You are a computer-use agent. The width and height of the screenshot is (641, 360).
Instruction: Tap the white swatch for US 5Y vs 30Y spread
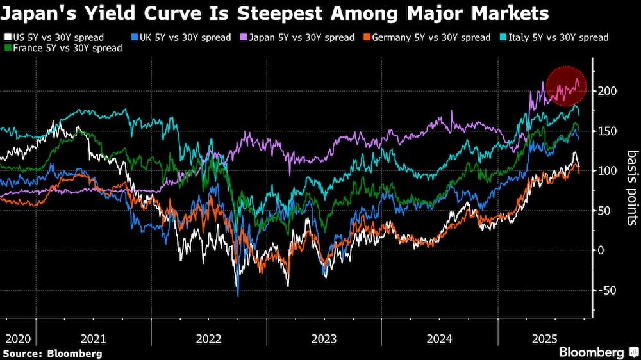6,37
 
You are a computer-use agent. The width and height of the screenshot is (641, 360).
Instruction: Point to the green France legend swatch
6,48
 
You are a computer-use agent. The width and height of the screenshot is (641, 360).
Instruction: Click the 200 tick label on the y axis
607,92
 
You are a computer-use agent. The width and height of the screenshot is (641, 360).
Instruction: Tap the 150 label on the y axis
607,131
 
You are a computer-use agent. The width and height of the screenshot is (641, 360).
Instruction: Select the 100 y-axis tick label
607,171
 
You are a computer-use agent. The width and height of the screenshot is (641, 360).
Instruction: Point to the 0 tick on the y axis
601,250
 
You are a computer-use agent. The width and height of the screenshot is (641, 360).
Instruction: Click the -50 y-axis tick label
606,290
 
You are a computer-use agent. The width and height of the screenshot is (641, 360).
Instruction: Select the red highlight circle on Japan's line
566,87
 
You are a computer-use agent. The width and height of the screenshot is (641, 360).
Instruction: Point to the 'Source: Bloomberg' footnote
53,353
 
